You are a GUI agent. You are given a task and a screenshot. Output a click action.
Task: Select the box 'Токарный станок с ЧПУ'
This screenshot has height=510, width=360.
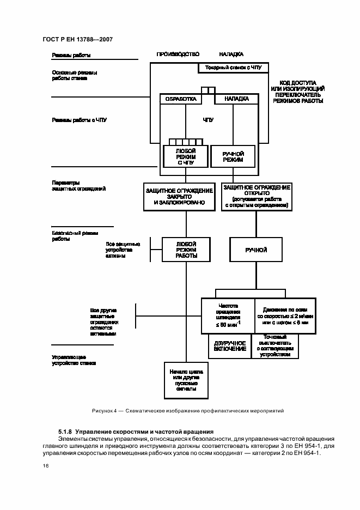pyautogui.click(x=233, y=68)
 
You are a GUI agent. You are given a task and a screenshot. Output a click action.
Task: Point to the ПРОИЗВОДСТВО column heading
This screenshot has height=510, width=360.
pyautogui.click(x=178, y=54)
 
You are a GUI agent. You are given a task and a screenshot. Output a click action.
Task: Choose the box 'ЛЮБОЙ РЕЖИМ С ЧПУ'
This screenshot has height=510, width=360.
pyautogui.click(x=186, y=156)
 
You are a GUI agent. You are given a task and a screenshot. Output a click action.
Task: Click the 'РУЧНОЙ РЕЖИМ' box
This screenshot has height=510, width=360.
pyautogui.click(x=233, y=157)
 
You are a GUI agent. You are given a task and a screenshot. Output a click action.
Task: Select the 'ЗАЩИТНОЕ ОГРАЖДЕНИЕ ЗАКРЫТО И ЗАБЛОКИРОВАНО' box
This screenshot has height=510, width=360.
pyautogui.click(x=179, y=196)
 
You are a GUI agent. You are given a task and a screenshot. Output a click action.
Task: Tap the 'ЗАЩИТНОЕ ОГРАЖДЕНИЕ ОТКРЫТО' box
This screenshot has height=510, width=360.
pyautogui.click(x=257, y=196)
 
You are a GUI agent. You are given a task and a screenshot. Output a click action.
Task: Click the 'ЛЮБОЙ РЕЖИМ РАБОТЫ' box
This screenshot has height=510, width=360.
pyautogui.click(x=186, y=250)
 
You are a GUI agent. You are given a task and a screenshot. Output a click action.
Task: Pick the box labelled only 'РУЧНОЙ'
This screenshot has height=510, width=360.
pyautogui.click(x=256, y=250)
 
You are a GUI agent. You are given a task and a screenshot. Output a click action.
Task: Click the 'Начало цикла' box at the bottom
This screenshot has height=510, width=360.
pyautogui.click(x=186, y=380)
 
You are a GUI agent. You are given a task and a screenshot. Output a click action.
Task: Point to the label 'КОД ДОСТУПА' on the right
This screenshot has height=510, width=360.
pyautogui.click(x=297, y=80)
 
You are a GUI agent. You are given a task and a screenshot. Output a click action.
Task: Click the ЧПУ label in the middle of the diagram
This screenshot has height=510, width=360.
pyautogui.click(x=208, y=119)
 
